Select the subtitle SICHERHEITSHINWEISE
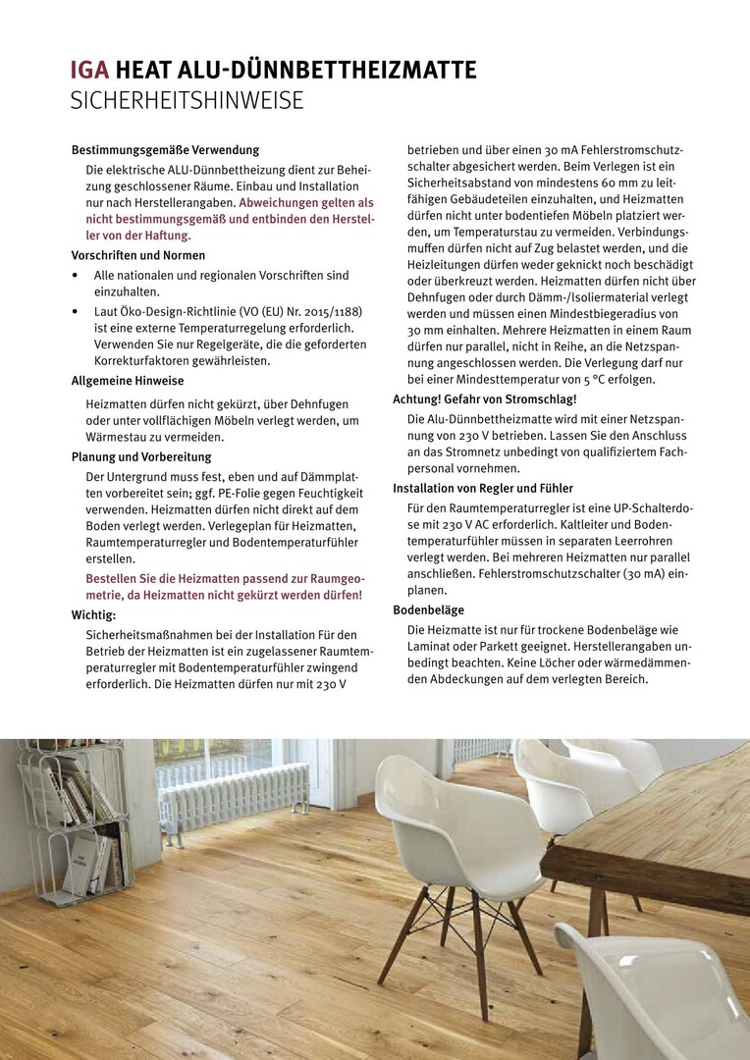tap(187, 100)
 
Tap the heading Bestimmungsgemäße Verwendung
tap(165, 150)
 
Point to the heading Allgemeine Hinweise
tap(128, 381)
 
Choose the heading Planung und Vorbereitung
tap(141, 457)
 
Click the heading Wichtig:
tap(94, 615)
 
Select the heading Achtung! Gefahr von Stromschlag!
tap(485, 399)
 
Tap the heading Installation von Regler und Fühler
tap(483, 488)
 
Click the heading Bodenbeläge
tap(429, 609)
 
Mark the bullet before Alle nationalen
tap(76, 276)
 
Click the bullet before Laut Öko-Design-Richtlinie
tap(76, 311)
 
